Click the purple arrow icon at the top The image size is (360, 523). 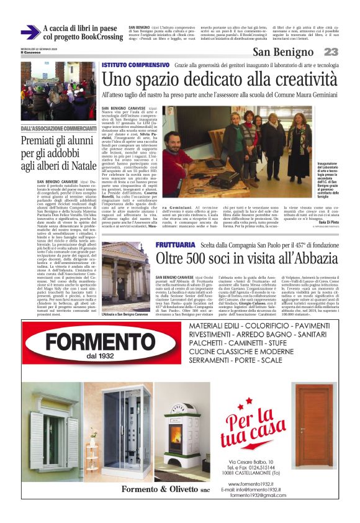(30, 32)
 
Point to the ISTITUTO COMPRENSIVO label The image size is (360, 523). (135, 65)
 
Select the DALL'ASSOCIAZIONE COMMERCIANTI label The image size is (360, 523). (59, 129)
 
